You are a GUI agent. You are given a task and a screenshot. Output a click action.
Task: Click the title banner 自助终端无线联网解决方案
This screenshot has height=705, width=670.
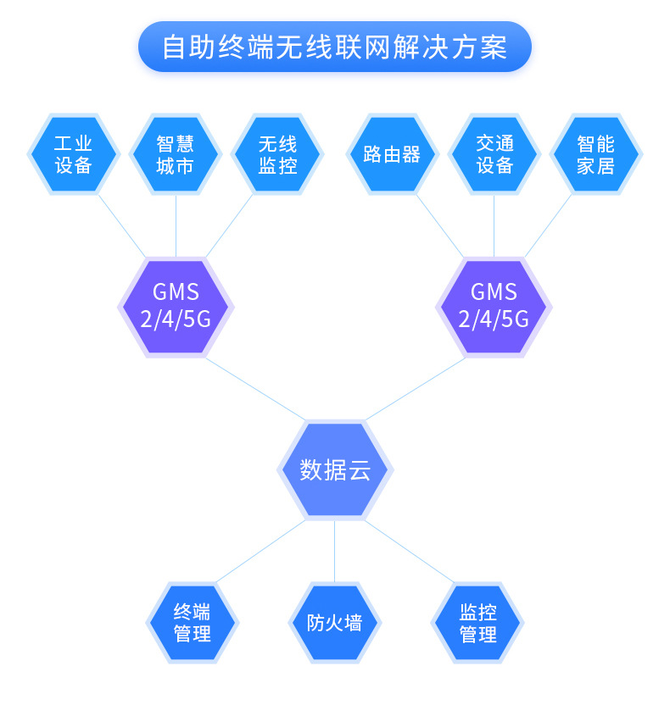[x=335, y=47]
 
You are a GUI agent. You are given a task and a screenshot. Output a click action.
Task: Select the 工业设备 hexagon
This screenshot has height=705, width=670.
[x=73, y=154]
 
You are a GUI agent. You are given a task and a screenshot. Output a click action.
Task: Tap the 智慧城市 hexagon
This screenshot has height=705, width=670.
[x=176, y=154]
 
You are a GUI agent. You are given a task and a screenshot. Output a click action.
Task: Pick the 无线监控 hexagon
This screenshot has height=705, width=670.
[x=277, y=154]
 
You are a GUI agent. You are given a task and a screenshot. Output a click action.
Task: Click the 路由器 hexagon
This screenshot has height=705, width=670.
[x=392, y=154]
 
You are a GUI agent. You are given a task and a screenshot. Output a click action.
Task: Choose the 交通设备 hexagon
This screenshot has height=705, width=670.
[x=494, y=154]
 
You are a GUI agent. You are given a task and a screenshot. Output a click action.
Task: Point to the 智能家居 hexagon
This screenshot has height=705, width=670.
[x=595, y=154]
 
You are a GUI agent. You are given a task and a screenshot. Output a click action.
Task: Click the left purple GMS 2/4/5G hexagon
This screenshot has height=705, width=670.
[x=176, y=308]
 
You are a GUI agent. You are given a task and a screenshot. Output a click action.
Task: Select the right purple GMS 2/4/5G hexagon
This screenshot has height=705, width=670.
[x=494, y=308]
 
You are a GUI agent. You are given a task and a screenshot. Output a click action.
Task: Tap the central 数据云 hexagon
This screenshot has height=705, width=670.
[x=335, y=469]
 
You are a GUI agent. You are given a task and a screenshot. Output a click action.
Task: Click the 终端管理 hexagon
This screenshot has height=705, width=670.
[x=193, y=623]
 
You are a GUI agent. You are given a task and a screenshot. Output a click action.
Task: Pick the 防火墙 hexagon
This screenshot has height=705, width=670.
[x=335, y=623]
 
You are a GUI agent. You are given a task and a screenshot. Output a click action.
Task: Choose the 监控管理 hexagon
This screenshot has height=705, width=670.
[x=477, y=623]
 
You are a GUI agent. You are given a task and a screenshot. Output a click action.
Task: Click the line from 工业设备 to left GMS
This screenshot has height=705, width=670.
[x=121, y=226]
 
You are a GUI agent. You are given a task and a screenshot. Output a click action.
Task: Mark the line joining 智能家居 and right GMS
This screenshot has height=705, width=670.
[x=548, y=225]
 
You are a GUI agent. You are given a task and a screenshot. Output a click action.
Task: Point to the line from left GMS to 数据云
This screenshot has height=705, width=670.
[x=255, y=389]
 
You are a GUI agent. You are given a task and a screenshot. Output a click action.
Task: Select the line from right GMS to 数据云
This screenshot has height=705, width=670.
[x=415, y=389]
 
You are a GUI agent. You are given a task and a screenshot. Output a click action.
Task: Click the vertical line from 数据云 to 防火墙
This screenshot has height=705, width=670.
[x=335, y=552]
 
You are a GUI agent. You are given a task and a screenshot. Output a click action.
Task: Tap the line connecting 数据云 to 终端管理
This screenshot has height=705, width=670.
[x=260, y=552]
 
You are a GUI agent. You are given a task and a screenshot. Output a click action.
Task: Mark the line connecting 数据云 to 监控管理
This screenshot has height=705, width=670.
[x=409, y=552]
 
